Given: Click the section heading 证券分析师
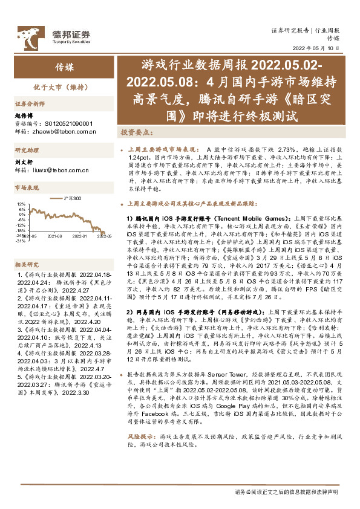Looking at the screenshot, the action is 29,103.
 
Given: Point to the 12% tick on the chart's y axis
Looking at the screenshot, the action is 20,204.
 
